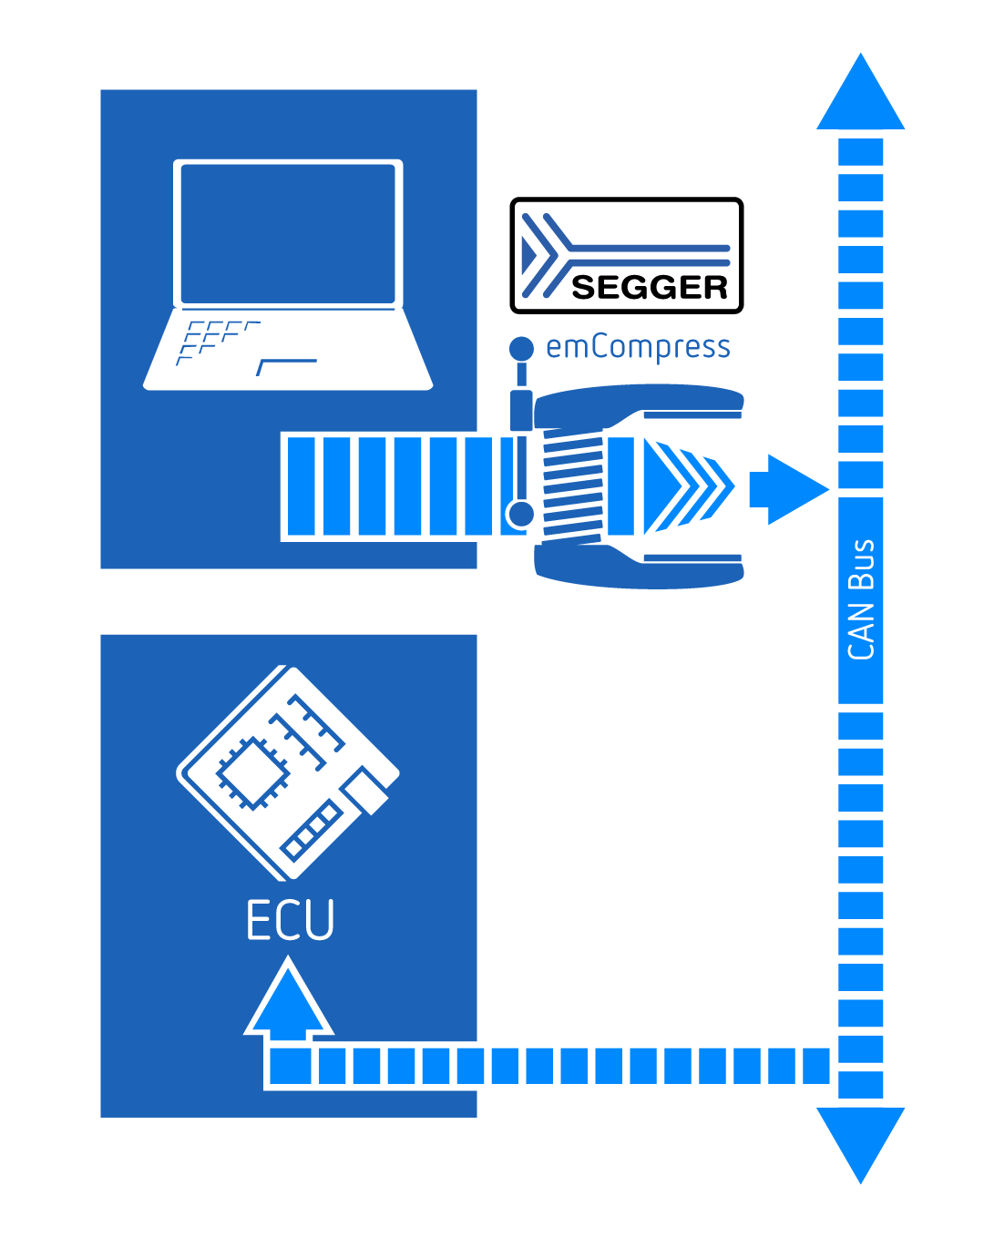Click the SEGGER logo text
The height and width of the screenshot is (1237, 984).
click(649, 287)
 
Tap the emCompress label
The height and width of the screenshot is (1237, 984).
click(637, 347)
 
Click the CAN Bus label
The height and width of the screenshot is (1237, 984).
click(860, 599)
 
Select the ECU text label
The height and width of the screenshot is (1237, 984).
click(290, 919)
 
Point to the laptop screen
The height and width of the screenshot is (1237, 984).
click(288, 233)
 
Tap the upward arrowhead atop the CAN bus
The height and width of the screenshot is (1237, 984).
click(860, 91)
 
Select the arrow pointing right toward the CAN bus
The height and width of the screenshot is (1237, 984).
click(788, 489)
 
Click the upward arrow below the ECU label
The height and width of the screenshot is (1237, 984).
click(288, 1003)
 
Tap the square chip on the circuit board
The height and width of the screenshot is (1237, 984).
click(253, 772)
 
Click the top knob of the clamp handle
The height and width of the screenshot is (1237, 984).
click(521, 348)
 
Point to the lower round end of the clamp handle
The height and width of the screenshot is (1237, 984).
click(520, 514)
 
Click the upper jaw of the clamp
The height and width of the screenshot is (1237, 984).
click(639, 405)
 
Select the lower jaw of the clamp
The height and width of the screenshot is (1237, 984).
click(639, 567)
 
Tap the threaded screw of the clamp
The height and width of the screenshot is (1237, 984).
click(573, 486)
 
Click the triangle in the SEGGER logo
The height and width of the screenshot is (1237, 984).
click(528, 255)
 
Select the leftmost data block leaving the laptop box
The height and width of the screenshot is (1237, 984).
click(301, 486)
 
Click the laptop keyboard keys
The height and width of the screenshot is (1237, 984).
click(219, 342)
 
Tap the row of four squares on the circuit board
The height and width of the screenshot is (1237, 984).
click(312, 831)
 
